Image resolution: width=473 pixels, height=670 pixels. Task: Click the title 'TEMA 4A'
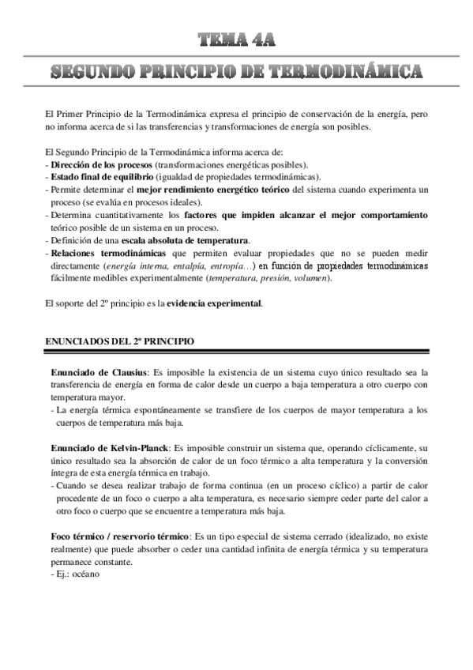236,40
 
